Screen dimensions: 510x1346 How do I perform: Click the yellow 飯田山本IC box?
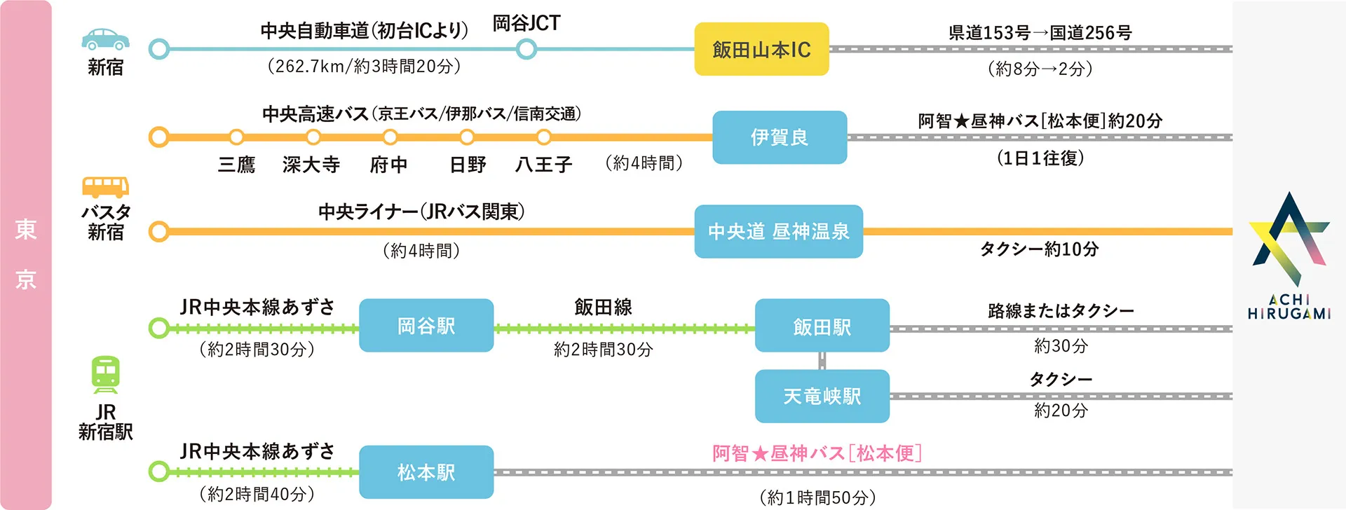pos(761,49)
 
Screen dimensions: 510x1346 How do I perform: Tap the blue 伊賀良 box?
pos(780,137)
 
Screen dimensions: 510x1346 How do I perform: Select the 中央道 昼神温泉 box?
pos(778,231)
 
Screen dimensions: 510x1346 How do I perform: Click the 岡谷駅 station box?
pos(426,326)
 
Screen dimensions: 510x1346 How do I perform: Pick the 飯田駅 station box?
pos(822,326)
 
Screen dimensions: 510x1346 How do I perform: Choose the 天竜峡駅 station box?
pos(822,397)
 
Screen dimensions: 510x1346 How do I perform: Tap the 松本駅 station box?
pos(426,472)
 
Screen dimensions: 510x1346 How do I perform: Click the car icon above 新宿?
pos(105,39)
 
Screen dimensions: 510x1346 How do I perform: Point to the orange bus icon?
pos(105,187)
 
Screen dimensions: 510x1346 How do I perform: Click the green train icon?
pos(105,375)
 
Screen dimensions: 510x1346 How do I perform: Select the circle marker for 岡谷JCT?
pos(526,49)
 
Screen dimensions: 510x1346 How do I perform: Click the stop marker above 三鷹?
pos(236,137)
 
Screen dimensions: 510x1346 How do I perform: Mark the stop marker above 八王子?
pos(543,137)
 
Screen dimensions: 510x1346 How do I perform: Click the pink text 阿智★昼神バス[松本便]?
pos(817,453)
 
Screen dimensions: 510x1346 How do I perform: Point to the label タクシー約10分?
pos(1039,249)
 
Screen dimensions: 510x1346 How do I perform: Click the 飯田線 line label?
pos(603,307)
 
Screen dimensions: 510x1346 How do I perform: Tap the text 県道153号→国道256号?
pos(1040,33)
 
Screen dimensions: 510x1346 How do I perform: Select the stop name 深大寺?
pos(311,165)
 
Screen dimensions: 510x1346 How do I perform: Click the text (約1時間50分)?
pos(817,497)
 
